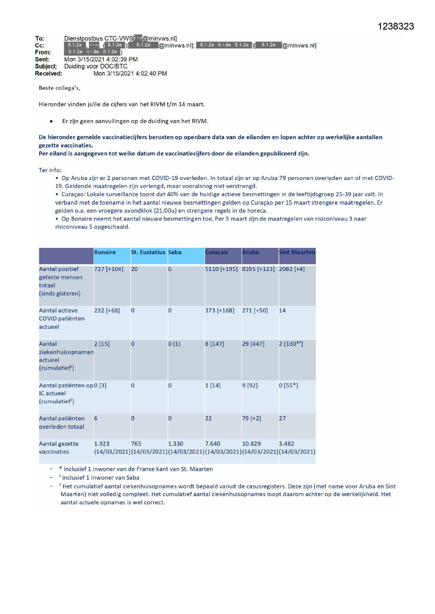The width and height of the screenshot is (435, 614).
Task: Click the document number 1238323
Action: point(396,27)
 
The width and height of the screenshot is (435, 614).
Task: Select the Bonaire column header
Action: point(105,252)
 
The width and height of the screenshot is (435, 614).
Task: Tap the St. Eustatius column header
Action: point(148,252)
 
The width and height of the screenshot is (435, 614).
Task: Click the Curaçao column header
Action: point(216,252)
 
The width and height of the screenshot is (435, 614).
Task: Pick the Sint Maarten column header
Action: point(297,252)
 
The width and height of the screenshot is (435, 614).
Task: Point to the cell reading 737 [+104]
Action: point(109,269)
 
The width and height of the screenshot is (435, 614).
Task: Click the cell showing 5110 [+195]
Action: point(221,269)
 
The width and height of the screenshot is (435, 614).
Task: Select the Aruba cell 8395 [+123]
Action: point(258,269)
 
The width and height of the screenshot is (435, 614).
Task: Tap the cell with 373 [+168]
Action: point(220,311)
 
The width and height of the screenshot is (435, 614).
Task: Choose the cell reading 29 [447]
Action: point(253,344)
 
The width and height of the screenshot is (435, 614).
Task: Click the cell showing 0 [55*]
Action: point(288,385)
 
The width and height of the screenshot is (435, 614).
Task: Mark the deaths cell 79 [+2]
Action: point(251,418)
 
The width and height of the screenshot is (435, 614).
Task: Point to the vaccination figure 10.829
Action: point(251,444)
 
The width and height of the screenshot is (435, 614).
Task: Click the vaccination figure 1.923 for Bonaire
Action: point(102,444)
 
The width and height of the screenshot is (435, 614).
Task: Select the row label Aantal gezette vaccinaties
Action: point(59,448)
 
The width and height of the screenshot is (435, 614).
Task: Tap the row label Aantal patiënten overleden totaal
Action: point(62,423)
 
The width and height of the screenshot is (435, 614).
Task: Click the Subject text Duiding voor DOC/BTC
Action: point(96,67)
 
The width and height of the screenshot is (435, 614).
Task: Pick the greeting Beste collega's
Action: point(60,88)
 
